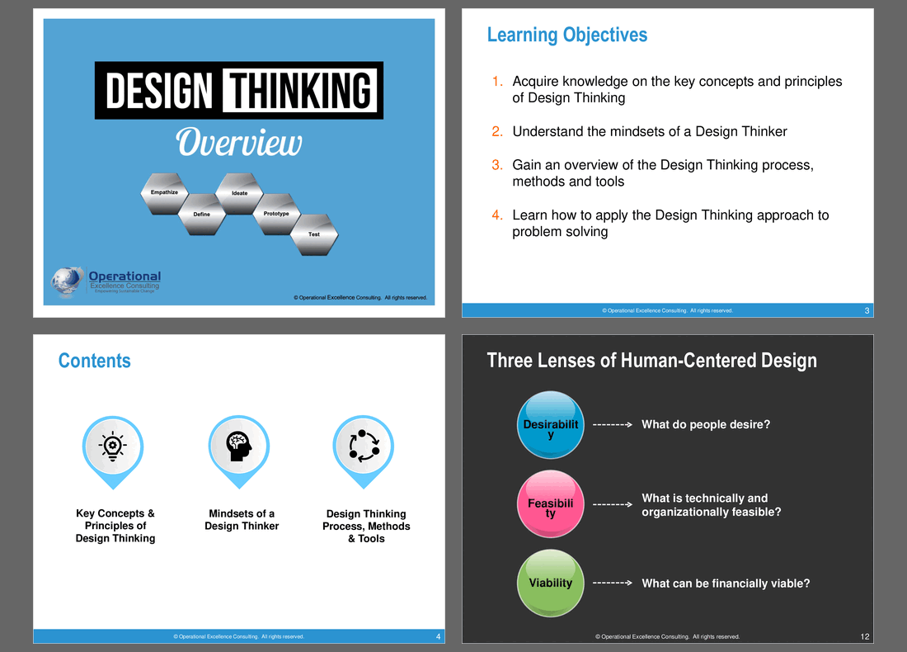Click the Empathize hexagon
[x=164, y=193]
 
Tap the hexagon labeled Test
[x=314, y=234]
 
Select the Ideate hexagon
[x=239, y=193]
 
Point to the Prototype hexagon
[x=276, y=215]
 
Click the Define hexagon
[x=202, y=215]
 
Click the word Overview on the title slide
[x=239, y=143]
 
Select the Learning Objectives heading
[x=567, y=35]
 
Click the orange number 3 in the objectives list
[x=497, y=165]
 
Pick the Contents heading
[x=94, y=361]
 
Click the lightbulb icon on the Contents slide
[x=113, y=446]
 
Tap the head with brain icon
[x=239, y=446]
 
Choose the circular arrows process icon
[x=364, y=446]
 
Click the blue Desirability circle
[x=551, y=424]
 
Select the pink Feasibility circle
[x=551, y=503]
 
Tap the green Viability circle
[x=551, y=583]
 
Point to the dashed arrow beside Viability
[x=613, y=583]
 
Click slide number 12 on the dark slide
[x=865, y=636]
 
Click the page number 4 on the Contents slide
[x=438, y=636]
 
